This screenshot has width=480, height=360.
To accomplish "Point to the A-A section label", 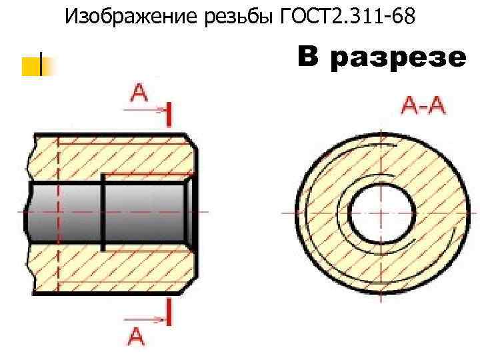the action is (x=423, y=107).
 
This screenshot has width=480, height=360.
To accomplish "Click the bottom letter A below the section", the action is (x=135, y=335).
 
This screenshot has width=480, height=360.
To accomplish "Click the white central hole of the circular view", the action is (x=373, y=212).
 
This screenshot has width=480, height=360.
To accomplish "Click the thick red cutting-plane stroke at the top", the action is (x=170, y=113).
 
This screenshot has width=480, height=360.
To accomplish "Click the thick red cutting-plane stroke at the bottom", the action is (x=170, y=311).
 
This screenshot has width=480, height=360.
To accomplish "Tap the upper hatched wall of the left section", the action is (x=113, y=156).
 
